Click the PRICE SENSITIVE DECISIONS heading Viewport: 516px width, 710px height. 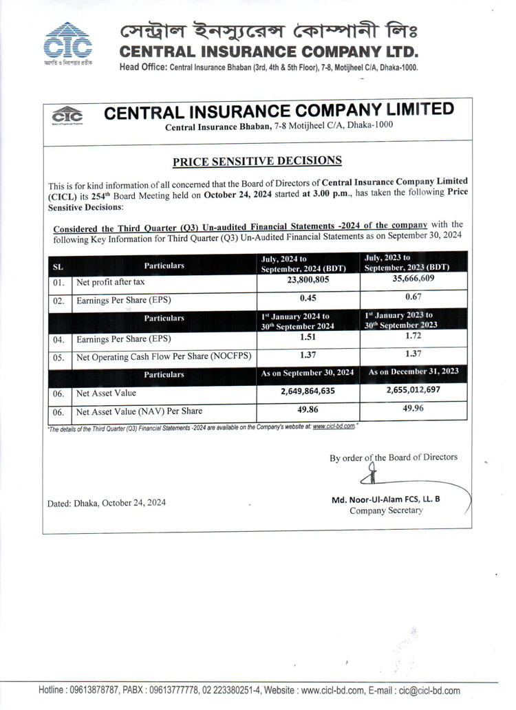tap(257, 162)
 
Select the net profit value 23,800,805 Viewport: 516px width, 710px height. tap(308, 280)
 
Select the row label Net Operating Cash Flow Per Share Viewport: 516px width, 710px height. tap(164, 356)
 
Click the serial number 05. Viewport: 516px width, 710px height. tap(59, 357)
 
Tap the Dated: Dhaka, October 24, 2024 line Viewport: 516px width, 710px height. tap(107, 503)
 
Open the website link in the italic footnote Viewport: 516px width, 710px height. tap(334, 427)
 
